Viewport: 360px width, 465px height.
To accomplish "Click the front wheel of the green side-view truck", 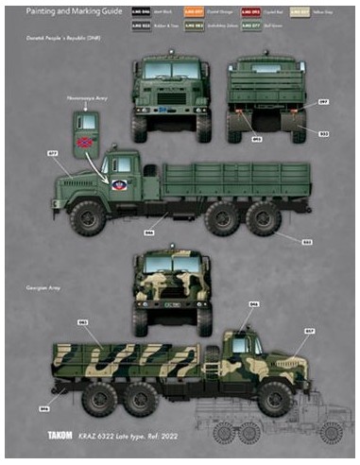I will tap(88, 218).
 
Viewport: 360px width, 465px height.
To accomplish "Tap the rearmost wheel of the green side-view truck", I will tap(263, 219).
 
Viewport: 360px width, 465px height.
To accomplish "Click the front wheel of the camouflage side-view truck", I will tap(275, 397).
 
